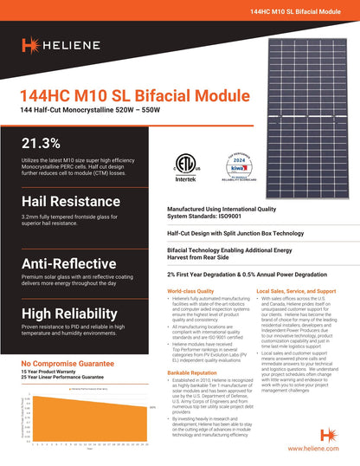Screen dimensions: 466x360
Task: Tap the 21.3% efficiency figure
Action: tap(41, 143)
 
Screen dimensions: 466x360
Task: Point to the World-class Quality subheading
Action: tap(190, 291)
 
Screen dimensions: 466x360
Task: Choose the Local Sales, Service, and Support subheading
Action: tap(296, 291)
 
